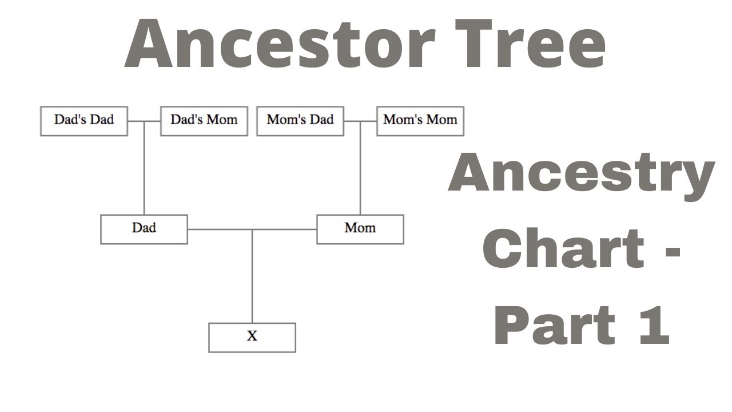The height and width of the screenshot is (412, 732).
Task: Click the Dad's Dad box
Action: pyautogui.click(x=84, y=121)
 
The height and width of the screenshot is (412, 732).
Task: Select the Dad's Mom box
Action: pyautogui.click(x=204, y=121)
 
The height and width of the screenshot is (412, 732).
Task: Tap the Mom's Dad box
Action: pyautogui.click(x=300, y=121)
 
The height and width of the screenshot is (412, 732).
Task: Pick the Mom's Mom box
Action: pyautogui.click(x=420, y=121)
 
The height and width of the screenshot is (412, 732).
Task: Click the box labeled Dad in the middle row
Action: pyautogui.click(x=144, y=229)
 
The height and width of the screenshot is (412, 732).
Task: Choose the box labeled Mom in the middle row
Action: pyautogui.click(x=360, y=229)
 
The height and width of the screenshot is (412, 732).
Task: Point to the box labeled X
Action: pyautogui.click(x=252, y=337)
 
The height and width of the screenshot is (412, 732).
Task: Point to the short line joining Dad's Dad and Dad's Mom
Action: pyautogui.click(x=144, y=121)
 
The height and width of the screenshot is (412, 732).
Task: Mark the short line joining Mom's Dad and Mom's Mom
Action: pyautogui.click(x=360, y=121)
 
